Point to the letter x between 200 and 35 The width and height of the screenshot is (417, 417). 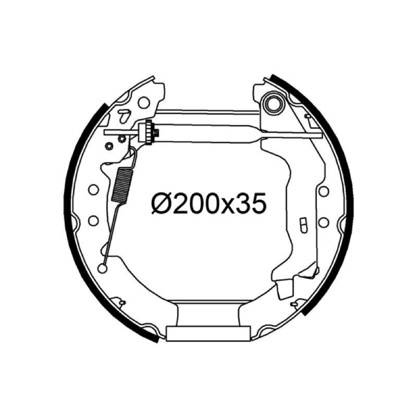[231, 206]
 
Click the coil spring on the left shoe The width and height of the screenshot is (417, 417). [122, 185]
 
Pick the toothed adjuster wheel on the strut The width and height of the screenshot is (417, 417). [149, 132]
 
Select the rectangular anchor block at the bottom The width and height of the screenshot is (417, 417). [208, 334]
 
